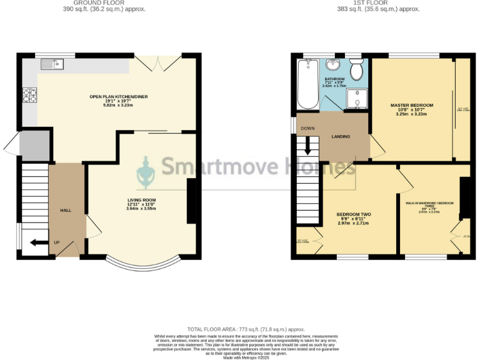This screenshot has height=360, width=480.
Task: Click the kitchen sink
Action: point(50,64)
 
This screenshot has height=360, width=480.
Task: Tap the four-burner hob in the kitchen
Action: point(29,96)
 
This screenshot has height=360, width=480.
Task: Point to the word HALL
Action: point(66,211)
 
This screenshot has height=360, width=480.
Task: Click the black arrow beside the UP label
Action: point(38,242)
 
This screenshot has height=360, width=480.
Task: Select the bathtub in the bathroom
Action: point(307,84)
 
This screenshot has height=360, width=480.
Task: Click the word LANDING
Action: point(341,137)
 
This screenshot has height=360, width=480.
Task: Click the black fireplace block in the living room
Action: point(191,201)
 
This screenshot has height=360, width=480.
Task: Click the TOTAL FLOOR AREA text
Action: point(246,329)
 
